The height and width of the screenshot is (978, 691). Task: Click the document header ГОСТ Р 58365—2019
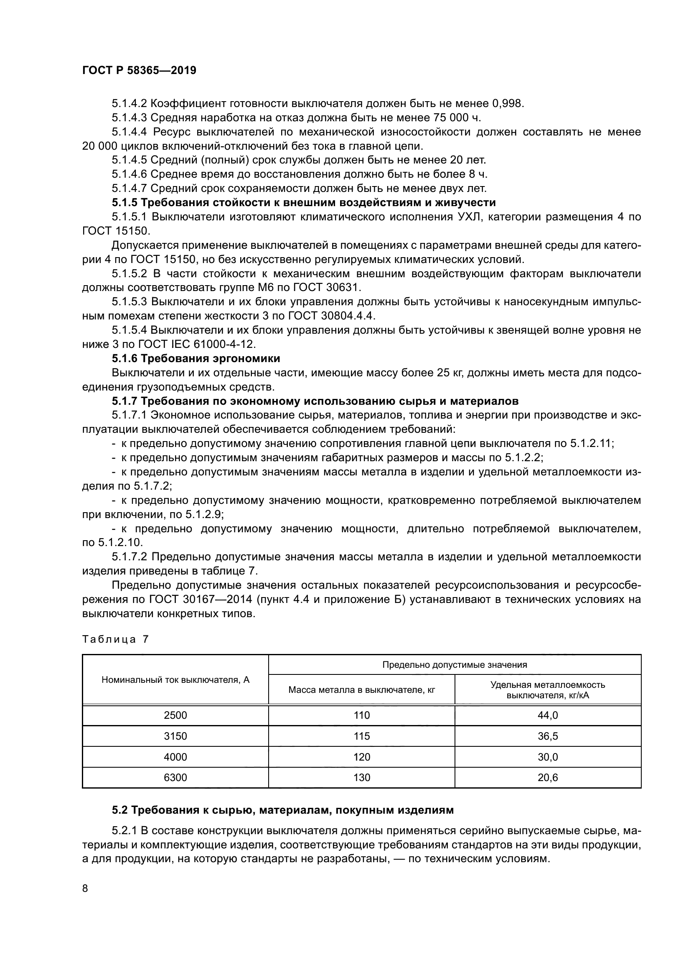(139, 71)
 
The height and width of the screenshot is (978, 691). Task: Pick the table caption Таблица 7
(115, 639)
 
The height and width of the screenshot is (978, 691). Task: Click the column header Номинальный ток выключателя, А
(175, 680)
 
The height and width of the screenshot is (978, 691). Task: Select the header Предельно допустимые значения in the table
(455, 665)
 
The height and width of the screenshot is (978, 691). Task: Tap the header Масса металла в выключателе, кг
(361, 689)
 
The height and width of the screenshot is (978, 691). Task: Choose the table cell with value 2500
(175, 715)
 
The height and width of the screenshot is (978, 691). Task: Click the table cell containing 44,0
(548, 715)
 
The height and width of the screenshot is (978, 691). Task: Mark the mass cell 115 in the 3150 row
(362, 736)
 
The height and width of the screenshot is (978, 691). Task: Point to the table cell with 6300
(175, 778)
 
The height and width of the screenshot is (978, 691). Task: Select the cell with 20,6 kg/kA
(548, 778)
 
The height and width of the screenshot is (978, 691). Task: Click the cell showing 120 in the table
(362, 757)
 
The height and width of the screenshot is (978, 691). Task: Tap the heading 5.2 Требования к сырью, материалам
(283, 810)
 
